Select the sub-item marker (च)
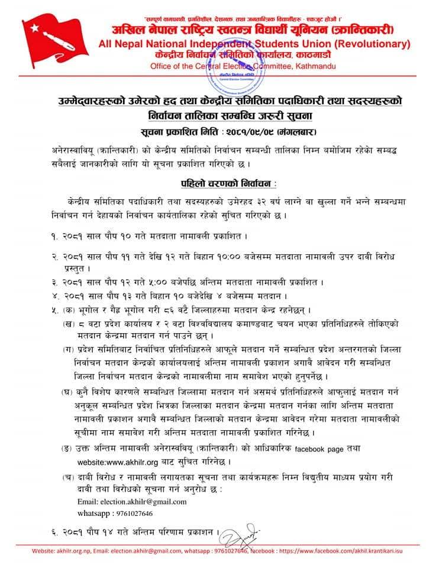pyautogui.click(x=69, y=477)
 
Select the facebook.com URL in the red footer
pyautogui.click(x=351, y=551)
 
